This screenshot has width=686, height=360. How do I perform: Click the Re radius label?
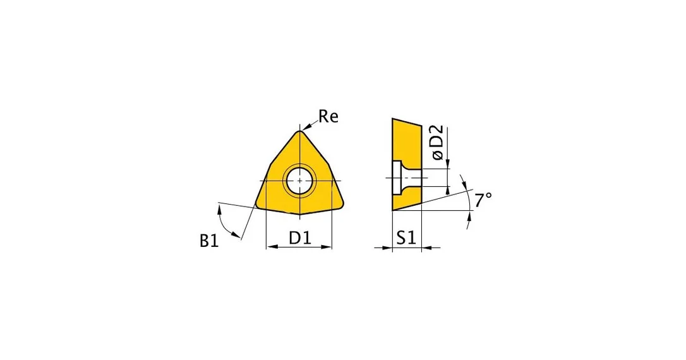[328, 117]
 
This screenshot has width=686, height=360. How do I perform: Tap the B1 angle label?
[209, 241]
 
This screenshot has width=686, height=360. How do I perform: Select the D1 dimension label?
[299, 237]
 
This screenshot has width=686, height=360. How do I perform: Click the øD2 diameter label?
[437, 142]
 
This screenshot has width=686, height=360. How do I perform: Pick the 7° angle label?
[483, 200]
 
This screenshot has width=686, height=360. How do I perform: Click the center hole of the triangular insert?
[299, 180]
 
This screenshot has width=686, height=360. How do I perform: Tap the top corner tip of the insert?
[299, 131]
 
